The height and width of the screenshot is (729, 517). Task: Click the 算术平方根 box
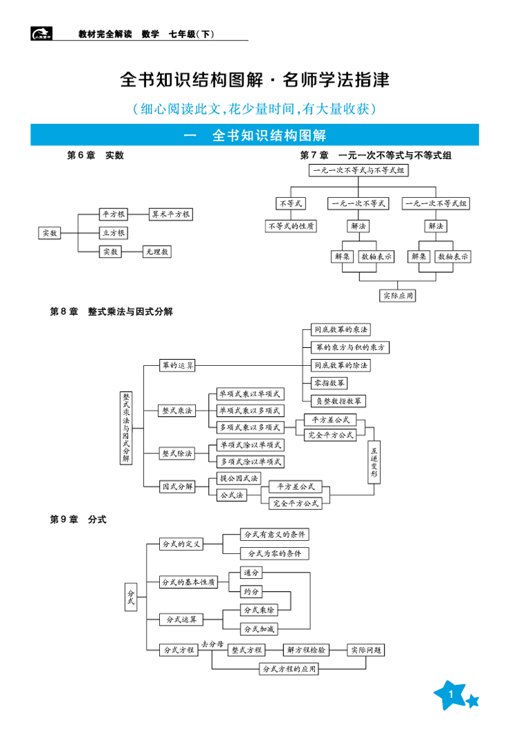[x=171, y=214]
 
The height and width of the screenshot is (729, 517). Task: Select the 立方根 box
[x=113, y=233]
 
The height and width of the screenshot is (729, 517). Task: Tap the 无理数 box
[x=156, y=252]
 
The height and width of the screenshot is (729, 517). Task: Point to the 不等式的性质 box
[x=291, y=226]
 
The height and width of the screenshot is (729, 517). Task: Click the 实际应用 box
[x=399, y=296]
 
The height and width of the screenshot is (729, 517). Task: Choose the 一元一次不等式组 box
[x=437, y=204]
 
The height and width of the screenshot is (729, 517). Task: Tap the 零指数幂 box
[x=330, y=382]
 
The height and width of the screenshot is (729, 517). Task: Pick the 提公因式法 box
[x=239, y=478]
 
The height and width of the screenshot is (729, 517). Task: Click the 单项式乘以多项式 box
[x=250, y=410]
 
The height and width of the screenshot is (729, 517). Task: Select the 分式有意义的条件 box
[x=274, y=535]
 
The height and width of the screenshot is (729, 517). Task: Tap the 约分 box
[x=252, y=591]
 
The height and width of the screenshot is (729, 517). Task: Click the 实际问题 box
[x=365, y=650]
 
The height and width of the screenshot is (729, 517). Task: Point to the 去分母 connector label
[x=212, y=644]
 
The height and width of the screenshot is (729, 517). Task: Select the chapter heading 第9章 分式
[x=79, y=519]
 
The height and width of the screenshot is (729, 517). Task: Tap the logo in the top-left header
[x=41, y=34]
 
